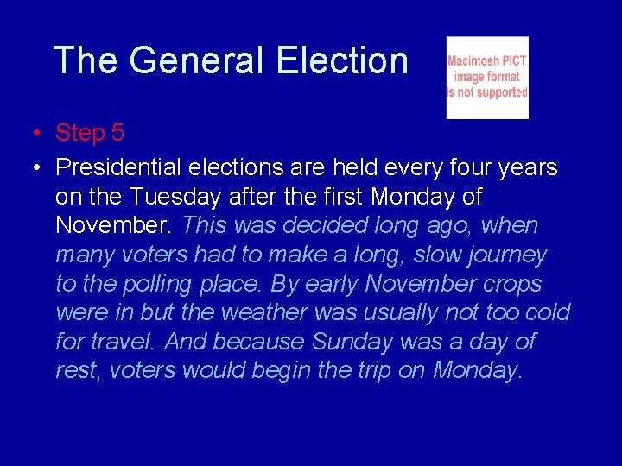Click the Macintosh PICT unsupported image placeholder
coord(486,78)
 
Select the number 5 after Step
coord(117,133)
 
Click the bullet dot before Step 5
coord(31,134)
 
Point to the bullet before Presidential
coord(31,168)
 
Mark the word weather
coord(265,312)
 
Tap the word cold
coord(546,312)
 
